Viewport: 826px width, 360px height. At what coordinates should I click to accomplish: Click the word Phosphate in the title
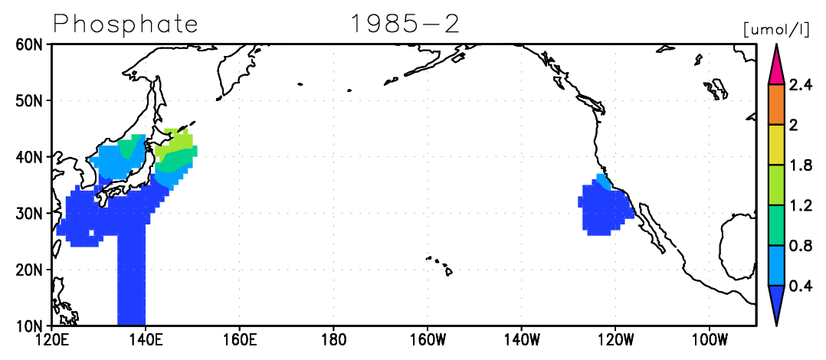click(125, 24)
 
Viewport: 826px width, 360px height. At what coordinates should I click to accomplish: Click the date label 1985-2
click(405, 24)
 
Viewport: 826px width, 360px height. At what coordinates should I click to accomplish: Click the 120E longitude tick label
click(51, 339)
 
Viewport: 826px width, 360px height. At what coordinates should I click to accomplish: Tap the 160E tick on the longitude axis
click(239, 339)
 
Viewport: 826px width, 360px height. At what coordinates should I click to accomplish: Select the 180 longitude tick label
click(333, 339)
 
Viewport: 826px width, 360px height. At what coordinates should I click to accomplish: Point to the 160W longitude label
click(428, 339)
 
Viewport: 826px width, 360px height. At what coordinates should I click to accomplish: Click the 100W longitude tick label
click(710, 339)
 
